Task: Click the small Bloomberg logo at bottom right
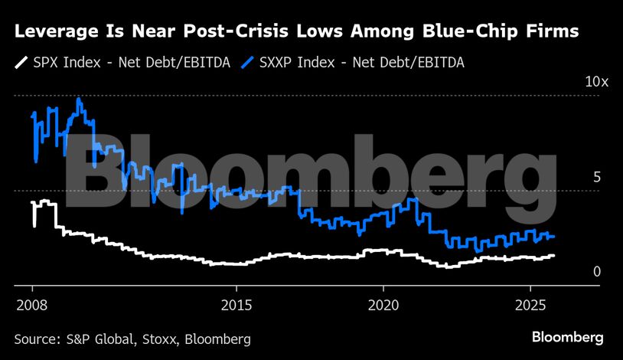[568, 337]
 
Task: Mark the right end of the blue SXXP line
[554, 237]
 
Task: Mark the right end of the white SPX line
[554, 255]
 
